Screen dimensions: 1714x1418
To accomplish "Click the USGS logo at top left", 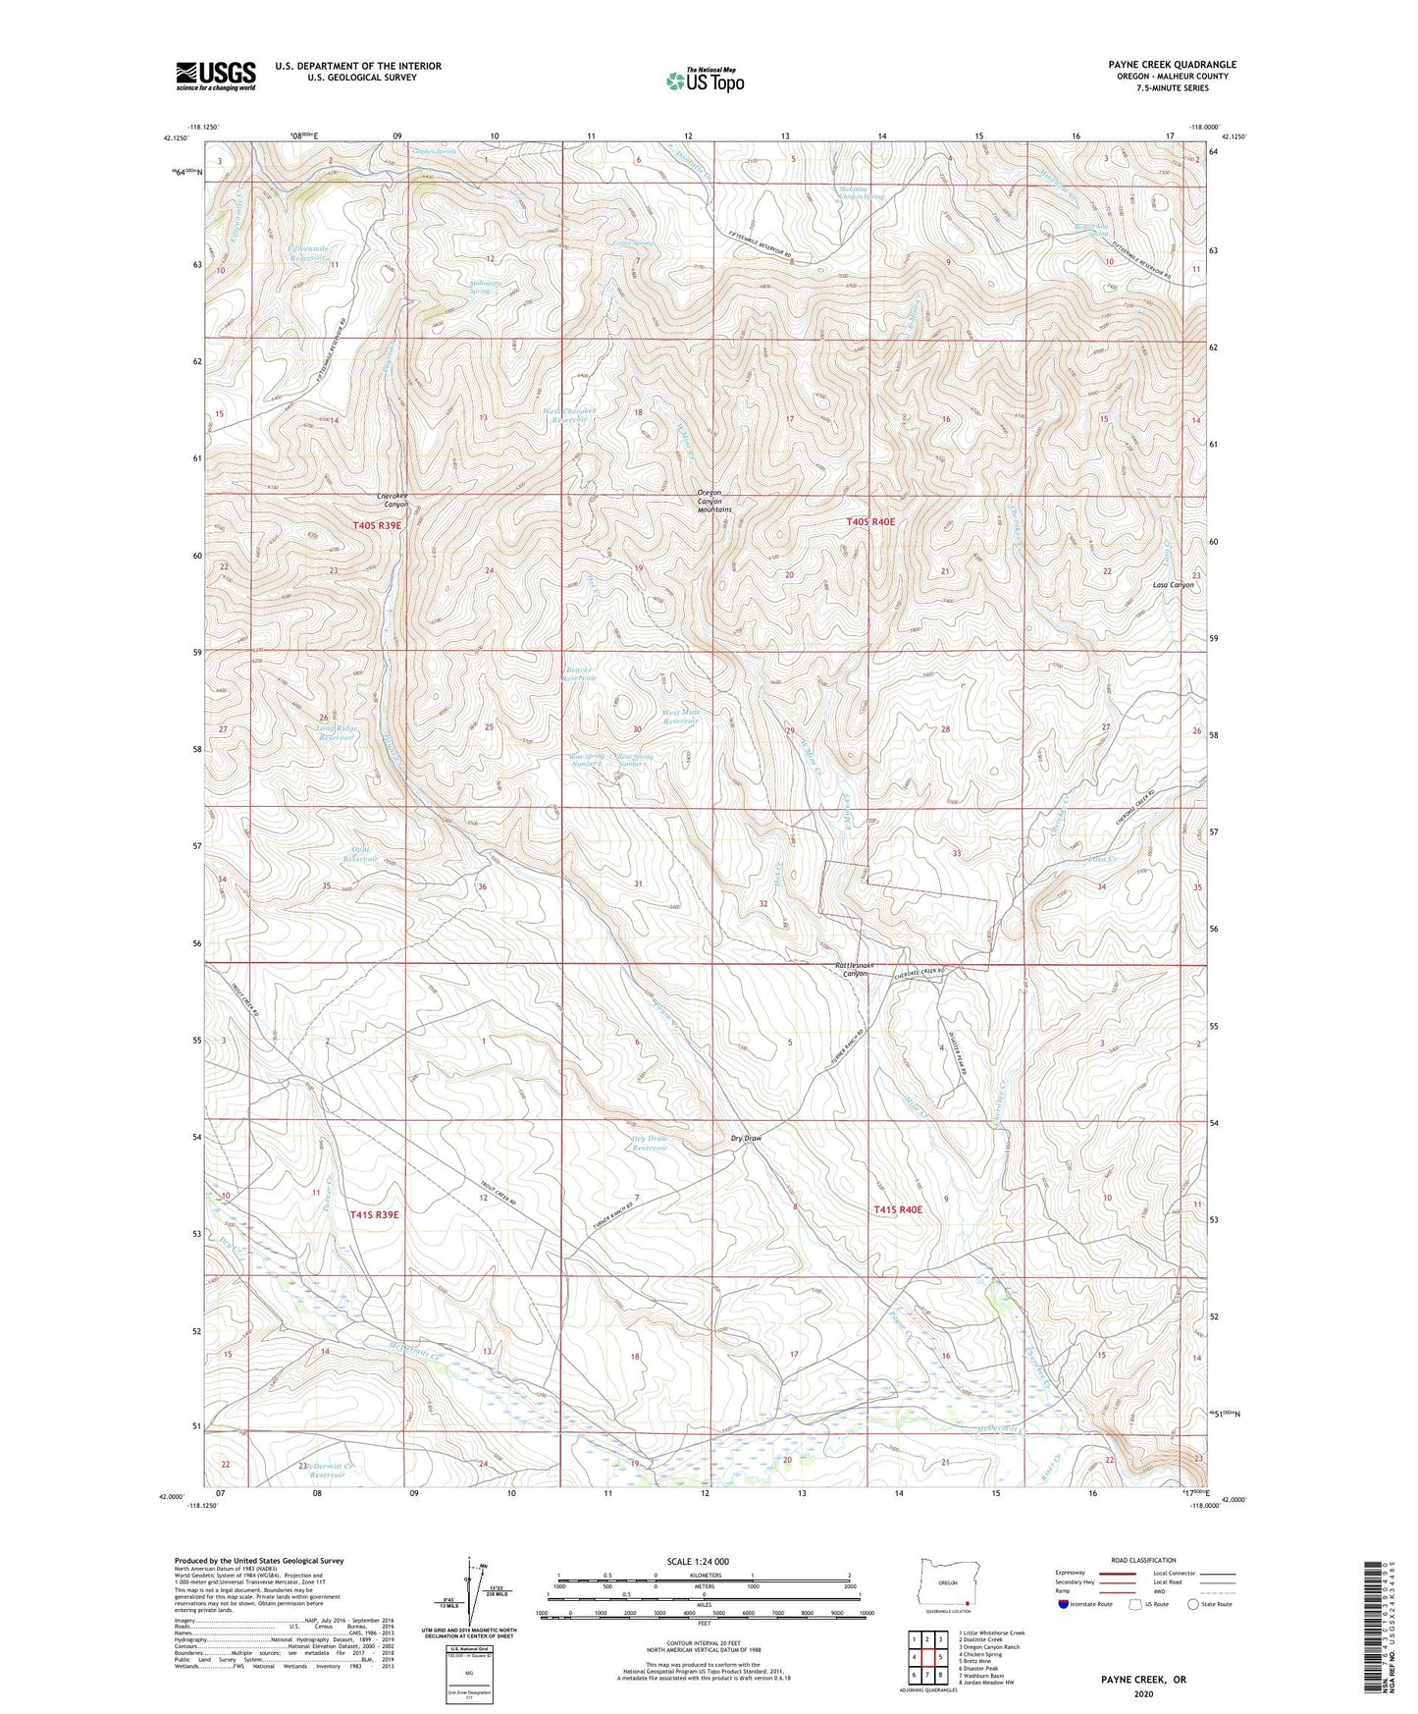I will coord(216,75).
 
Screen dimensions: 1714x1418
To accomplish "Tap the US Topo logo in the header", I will coord(704,80).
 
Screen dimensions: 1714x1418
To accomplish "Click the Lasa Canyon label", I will coord(1173,584).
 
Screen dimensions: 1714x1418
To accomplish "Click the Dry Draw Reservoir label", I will coord(650,1143).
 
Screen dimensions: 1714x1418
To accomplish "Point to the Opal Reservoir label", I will coord(359,854).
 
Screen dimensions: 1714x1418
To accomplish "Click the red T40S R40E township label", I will coord(869,522).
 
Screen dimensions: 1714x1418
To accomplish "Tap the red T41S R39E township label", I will coord(375,1214).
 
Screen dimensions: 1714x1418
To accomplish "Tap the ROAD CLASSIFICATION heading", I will coord(1144,1560).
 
